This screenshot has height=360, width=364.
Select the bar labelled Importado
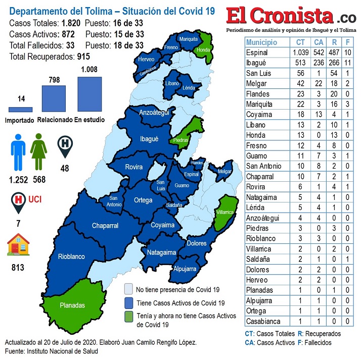click(20, 109)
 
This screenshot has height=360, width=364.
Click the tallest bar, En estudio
click(89, 94)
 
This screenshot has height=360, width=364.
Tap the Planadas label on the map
click(72, 305)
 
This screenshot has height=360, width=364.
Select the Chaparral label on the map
click(105, 226)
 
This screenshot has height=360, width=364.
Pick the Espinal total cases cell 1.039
click(300, 53)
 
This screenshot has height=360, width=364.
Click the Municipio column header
click(262, 42)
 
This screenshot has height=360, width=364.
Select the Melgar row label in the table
click(257, 83)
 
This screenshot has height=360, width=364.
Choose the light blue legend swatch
click(129, 289)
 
